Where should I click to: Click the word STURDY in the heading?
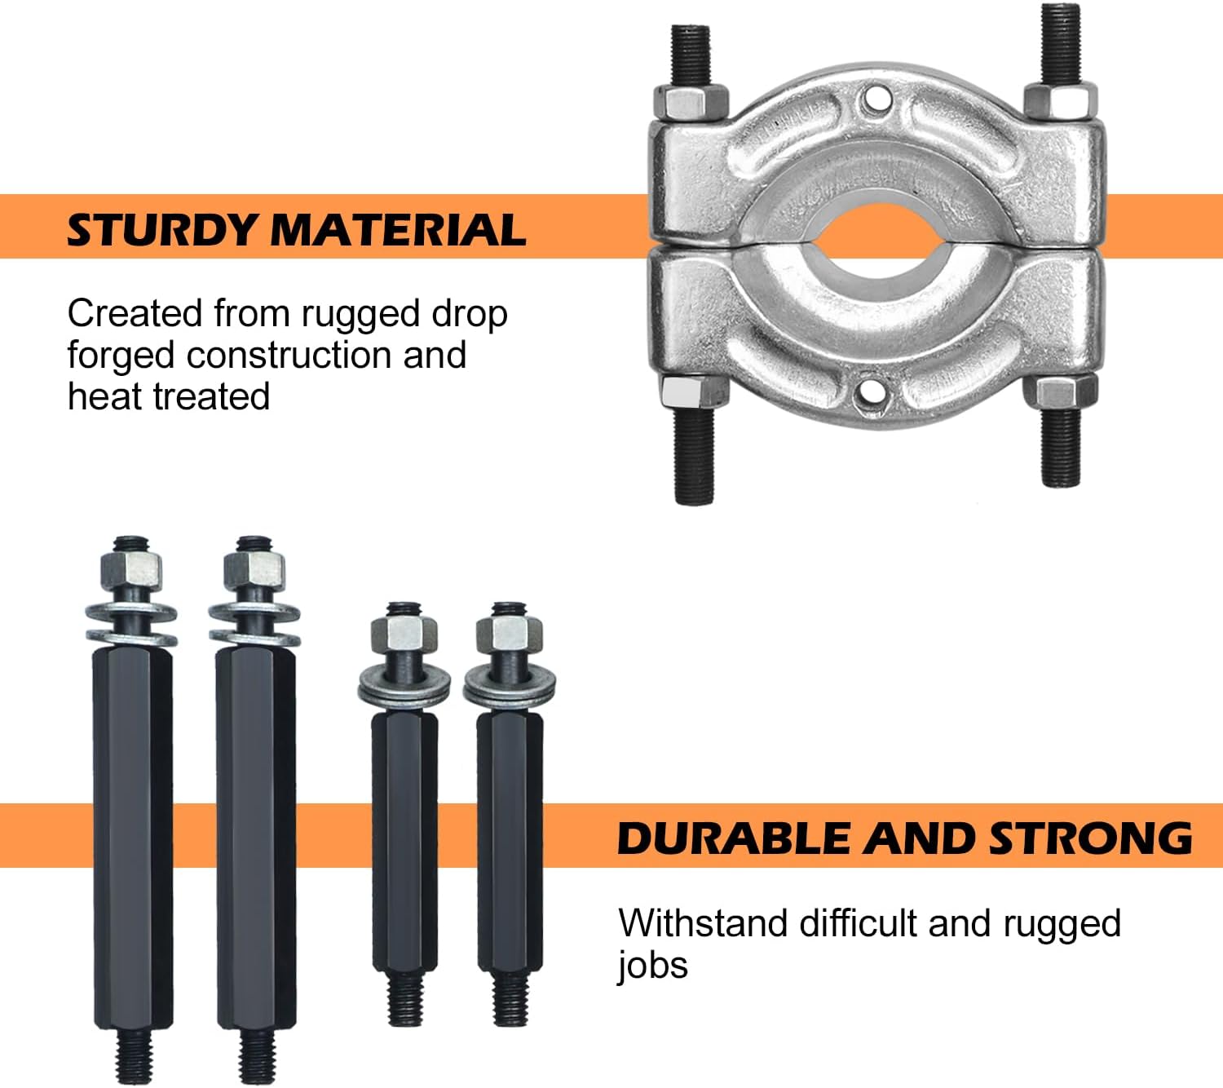coord(162,230)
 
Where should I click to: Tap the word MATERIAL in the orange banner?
coord(399,230)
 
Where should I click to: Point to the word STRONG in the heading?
coord(1090,838)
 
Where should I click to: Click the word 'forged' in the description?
coord(121,356)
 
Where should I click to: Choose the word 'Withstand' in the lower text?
coord(703,924)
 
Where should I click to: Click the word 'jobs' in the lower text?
coord(652,966)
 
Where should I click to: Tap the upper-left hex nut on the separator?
coord(691,101)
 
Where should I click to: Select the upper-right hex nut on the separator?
coord(1061,100)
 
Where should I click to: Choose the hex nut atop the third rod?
coord(404,636)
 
